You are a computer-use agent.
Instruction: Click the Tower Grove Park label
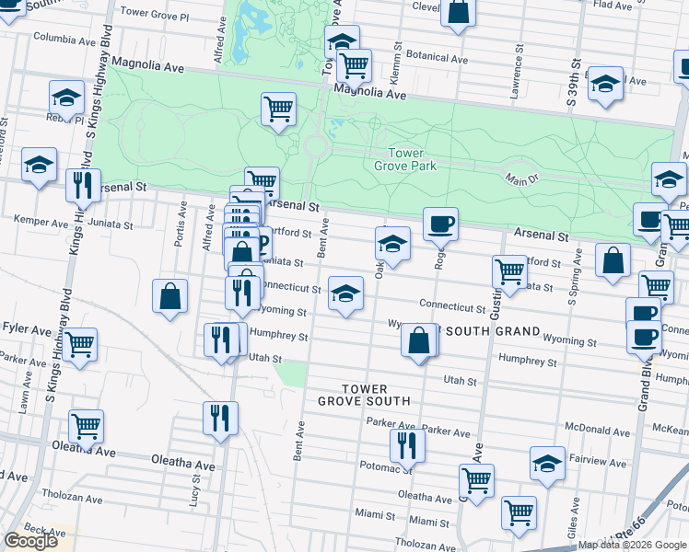point(405,160)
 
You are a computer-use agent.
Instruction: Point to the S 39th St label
point(574,81)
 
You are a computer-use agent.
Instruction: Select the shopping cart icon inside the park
point(278,109)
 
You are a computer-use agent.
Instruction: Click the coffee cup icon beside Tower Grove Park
point(440,222)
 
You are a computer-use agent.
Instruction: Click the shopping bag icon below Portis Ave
point(170,295)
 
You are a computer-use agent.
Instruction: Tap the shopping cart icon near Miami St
point(519,512)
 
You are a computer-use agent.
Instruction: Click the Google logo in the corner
point(30,540)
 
